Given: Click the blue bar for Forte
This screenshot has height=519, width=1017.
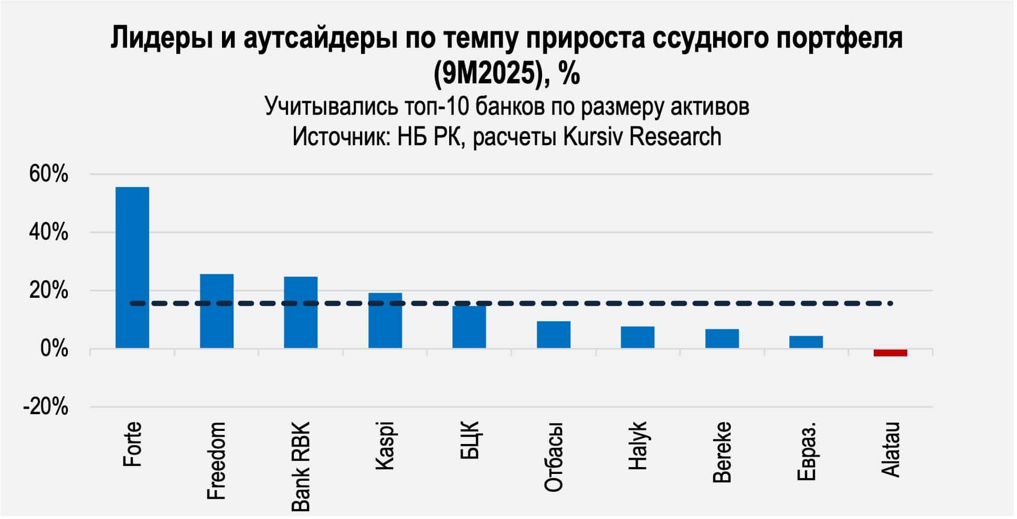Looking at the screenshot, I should click(132, 267).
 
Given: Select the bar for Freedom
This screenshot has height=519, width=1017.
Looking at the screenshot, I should click(217, 311).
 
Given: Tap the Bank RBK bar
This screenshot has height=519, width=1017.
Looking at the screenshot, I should click(301, 312).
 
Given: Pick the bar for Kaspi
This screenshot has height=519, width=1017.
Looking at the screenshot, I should click(385, 320).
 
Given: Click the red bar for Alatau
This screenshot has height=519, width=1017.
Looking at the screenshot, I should click(890, 353).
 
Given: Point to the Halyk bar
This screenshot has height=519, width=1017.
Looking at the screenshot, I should click(638, 337).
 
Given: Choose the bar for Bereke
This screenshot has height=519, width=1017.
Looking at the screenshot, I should click(722, 339).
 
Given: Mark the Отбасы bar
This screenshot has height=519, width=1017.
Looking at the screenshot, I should click(554, 334).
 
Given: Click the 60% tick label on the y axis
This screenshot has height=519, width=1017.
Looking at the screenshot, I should click(48, 175).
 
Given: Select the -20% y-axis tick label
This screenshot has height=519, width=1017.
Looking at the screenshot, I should click(46, 407).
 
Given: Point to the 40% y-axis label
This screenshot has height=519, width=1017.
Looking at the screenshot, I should click(48, 233).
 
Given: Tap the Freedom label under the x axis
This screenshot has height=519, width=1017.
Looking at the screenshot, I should click(217, 461).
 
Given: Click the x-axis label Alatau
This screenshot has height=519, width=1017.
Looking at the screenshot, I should click(891, 449).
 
